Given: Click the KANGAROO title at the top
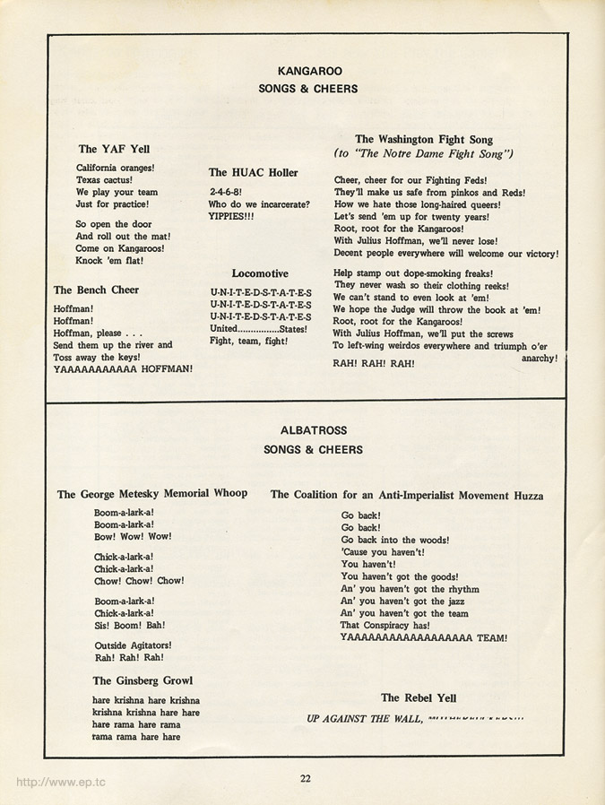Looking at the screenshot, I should (x=309, y=70).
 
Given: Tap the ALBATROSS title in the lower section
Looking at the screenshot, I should (x=313, y=430).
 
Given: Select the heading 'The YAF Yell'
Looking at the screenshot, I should (x=114, y=149).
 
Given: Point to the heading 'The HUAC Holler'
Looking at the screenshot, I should (x=254, y=172).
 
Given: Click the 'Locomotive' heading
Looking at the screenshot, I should (x=260, y=273).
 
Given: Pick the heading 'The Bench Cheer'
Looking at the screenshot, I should (x=96, y=290).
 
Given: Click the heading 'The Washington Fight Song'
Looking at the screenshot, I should (x=424, y=139).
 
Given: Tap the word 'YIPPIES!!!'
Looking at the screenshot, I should (x=231, y=216).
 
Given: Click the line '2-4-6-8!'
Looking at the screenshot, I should (x=227, y=192).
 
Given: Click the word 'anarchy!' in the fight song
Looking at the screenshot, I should (x=539, y=358).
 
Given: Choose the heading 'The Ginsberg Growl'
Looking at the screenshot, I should (x=143, y=680).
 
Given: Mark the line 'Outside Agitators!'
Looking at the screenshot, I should (x=133, y=645).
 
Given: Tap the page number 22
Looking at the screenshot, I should (x=306, y=778).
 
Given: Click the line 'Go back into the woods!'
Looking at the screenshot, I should (x=395, y=541).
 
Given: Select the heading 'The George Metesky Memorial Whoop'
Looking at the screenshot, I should (x=152, y=493).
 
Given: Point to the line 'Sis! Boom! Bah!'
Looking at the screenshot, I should (x=130, y=625).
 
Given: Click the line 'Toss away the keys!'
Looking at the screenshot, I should (x=96, y=356).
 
